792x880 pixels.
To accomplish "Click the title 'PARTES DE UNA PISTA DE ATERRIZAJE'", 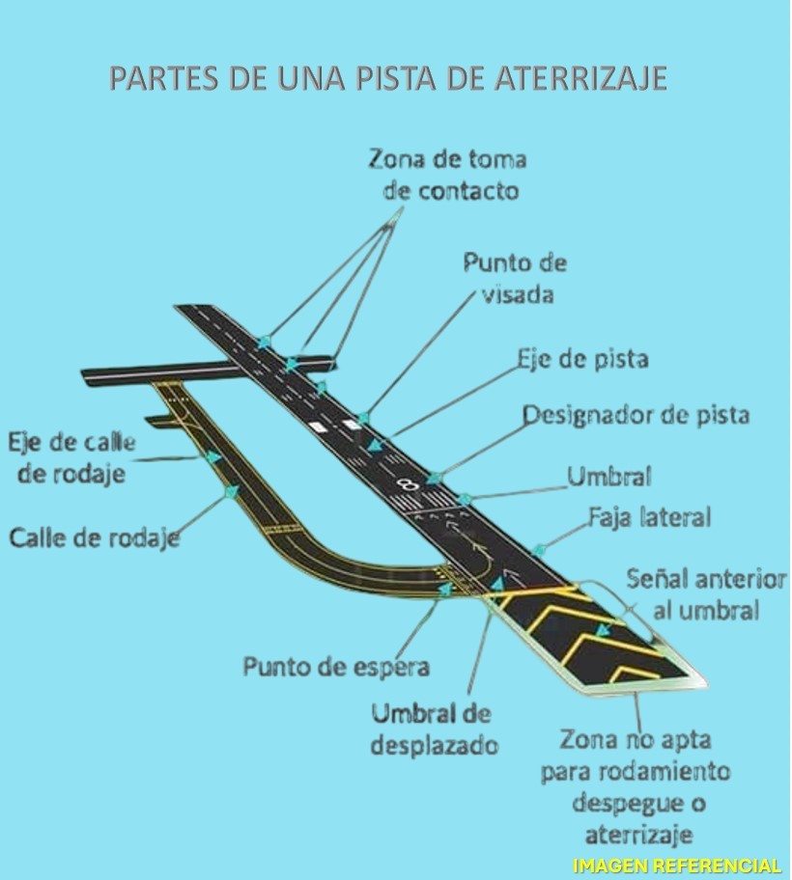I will [388, 78].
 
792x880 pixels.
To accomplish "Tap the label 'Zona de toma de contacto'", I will [448, 175].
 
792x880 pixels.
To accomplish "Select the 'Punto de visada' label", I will [515, 278].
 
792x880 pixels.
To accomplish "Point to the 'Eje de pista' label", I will [582, 359].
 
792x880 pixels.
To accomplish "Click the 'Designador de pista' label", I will [636, 416].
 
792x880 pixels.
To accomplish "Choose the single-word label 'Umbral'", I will [608, 476].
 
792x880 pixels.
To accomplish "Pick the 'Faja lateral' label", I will [650, 517].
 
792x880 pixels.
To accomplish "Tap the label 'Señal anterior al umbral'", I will [706, 594].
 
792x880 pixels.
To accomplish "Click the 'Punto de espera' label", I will [336, 667].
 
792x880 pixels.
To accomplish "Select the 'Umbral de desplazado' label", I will [432, 729].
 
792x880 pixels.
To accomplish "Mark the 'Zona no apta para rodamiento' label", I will [635, 756].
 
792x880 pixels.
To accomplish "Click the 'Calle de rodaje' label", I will [95, 537].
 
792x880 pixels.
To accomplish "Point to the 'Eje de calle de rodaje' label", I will [72, 458].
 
